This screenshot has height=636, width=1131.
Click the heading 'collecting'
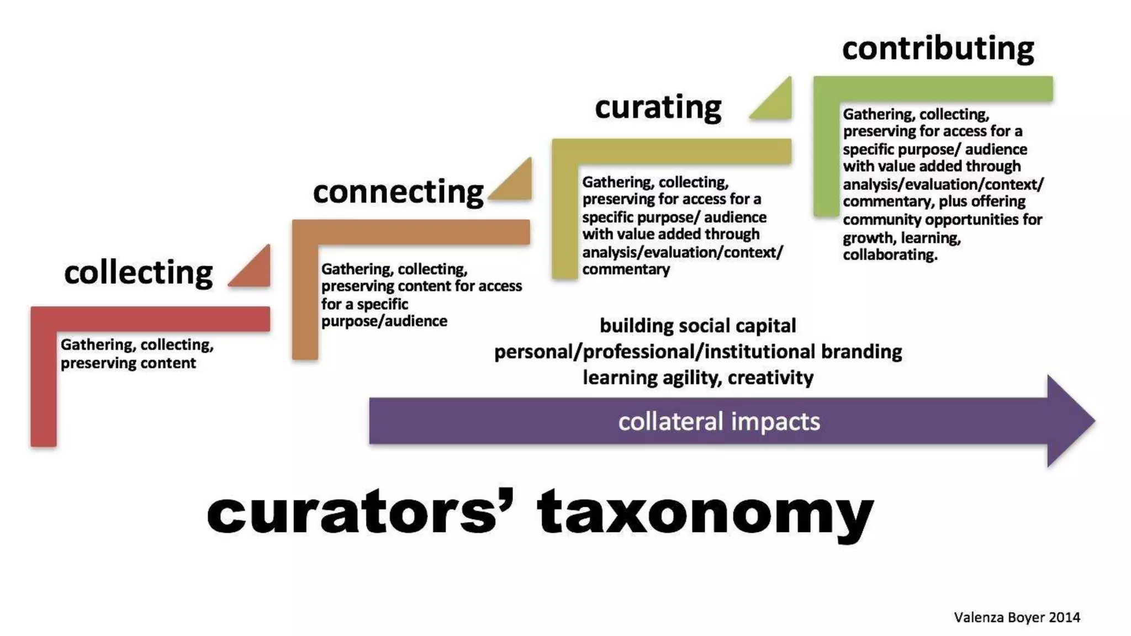coord(138,272)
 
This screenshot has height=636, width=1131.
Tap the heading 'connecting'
coord(398,192)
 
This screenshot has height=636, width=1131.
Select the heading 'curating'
coord(658,107)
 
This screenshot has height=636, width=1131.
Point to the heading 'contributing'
coord(938,48)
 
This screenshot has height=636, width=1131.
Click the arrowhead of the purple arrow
coord(1069,421)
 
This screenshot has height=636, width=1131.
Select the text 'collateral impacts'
coord(719,421)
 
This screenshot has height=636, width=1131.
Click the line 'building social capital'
coord(697,326)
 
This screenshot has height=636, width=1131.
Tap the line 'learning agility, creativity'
coord(697,378)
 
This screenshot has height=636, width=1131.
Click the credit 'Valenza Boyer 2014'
coord(1017,617)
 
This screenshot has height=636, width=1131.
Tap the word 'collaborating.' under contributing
coord(890,255)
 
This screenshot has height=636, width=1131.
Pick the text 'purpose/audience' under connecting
coord(384,321)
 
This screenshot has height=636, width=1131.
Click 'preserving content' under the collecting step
coord(128,363)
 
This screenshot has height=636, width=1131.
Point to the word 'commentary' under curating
coord(626,269)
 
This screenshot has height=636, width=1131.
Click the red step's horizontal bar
coord(160,319)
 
